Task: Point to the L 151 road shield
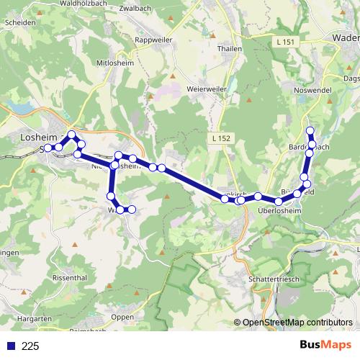285,43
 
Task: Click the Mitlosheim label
115,63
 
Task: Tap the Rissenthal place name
71,277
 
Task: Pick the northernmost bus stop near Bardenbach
310,130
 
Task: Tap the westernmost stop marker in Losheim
48,148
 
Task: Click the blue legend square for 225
11,346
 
